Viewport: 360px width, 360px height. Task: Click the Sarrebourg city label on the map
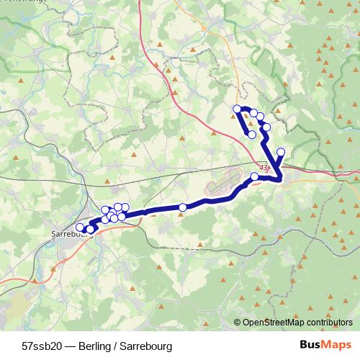pos(73,233)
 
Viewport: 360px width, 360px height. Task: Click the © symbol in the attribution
pos(238,322)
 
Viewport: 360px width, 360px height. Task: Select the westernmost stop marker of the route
pos(80,228)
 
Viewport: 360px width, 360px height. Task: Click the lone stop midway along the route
pos(183,207)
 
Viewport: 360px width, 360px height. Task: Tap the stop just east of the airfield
pos(254,176)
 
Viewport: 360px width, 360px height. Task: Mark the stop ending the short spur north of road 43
pos(281,152)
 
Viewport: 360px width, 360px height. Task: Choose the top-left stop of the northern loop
pos(237,109)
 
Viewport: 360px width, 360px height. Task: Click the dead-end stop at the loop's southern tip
pos(251,135)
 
